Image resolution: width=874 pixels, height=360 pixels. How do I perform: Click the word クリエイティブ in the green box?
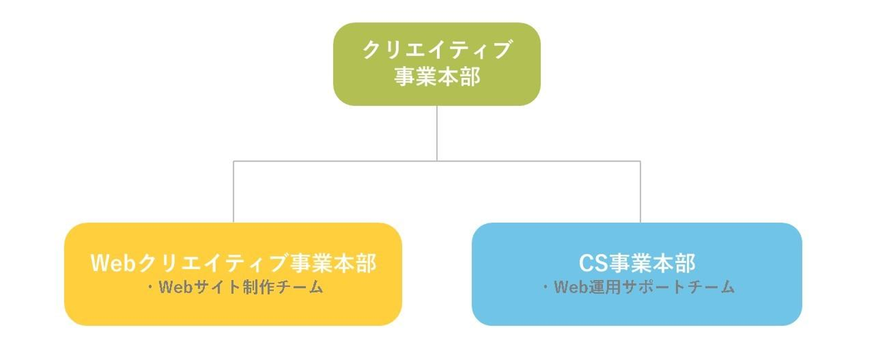pyautogui.click(x=436, y=50)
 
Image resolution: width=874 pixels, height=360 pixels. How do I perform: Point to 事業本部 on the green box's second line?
pyautogui.click(x=436, y=77)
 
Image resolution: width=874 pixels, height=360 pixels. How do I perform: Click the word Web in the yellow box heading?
pyautogui.click(x=114, y=263)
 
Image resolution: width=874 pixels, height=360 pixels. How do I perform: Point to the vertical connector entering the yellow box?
pyautogui.click(x=234, y=192)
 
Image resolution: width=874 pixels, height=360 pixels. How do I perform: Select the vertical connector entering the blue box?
pyautogui.click(x=640, y=192)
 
